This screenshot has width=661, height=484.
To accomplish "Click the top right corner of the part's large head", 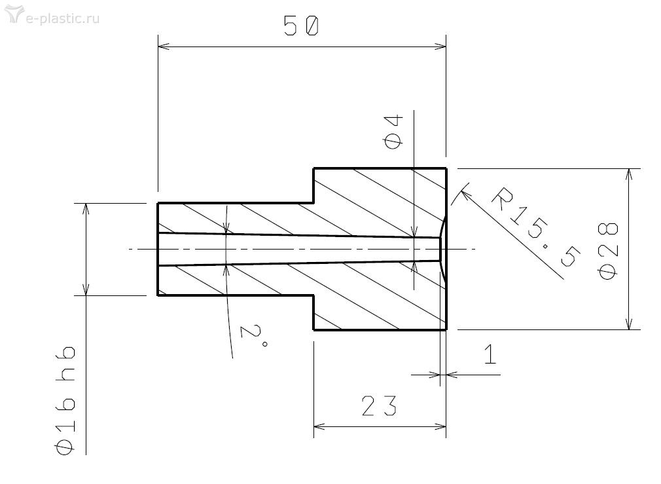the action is tap(446, 168).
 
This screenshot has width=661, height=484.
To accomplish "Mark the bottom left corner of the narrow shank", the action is tap(158, 295).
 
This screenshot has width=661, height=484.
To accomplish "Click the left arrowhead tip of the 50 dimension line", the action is tap(158, 47).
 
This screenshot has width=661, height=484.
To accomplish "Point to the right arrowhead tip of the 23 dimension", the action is tap(446, 426).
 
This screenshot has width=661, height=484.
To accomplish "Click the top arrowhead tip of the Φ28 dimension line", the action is tap(629, 169).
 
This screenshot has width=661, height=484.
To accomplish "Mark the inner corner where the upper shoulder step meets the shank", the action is tap(313, 203).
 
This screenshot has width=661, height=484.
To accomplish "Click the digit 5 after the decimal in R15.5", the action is tap(569, 255).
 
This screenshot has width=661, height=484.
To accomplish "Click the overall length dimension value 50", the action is tap(301, 26).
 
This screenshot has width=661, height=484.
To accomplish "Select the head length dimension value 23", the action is tap(379, 405).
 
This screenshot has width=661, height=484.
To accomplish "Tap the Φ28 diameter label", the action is tap(608, 251).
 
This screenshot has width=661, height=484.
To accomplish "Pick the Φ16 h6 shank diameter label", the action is tap(65, 400).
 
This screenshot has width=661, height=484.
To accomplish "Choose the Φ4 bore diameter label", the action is tap(394, 132).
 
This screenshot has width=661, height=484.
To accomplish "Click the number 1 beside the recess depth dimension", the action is tap(490, 354).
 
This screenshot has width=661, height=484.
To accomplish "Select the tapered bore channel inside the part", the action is tap(299, 249).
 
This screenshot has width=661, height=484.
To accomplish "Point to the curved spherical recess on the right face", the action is tap(442, 249).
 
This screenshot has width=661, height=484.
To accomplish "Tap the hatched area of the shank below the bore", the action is tap(236, 280).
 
